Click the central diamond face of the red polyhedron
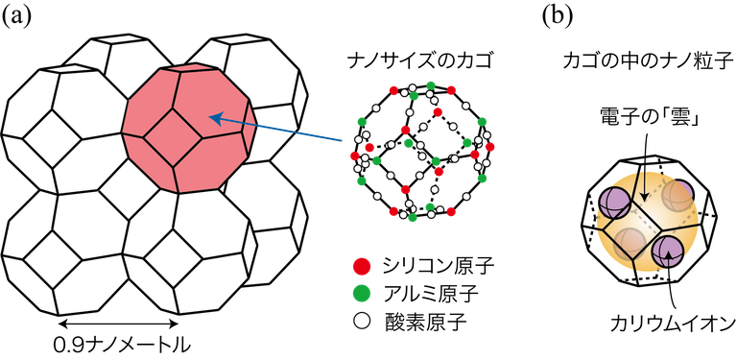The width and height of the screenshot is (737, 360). click(x=173, y=137)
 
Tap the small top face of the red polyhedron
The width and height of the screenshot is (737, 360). click(x=190, y=68)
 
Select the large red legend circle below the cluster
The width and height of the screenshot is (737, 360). click(x=362, y=266)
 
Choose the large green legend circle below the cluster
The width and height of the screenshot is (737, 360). click(x=362, y=293)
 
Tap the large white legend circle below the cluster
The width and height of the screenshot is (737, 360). click(x=362, y=321)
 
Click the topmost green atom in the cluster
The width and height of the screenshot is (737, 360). click(x=431, y=84)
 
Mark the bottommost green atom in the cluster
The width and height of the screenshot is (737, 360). click(x=413, y=218)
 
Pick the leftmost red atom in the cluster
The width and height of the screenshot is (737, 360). click(x=355, y=156)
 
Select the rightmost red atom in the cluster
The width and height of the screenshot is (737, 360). click(x=490, y=147)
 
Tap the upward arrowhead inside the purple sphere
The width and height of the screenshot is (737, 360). click(x=669, y=256)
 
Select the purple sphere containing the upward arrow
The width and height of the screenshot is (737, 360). click(x=667, y=252)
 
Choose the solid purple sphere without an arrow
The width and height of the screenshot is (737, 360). click(x=614, y=203)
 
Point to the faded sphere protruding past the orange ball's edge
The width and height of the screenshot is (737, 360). click(x=678, y=195)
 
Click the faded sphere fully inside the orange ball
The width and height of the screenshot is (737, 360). click(x=630, y=242)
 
